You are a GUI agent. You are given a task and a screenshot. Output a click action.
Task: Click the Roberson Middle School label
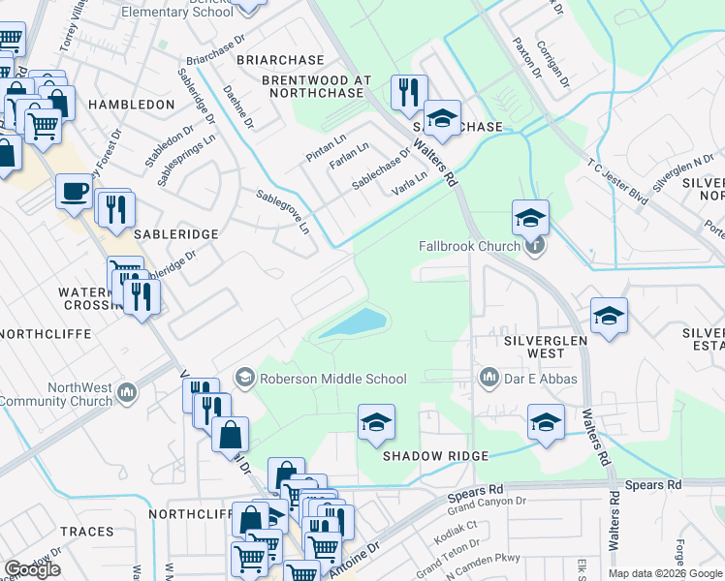[x=331, y=379]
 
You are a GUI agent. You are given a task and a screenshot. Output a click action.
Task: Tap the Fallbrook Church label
[x=470, y=246]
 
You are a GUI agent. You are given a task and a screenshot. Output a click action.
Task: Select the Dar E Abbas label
[x=540, y=378]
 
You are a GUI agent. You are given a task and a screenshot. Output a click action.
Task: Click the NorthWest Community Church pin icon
[x=125, y=392]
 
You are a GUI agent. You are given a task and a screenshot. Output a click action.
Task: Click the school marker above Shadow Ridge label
[x=376, y=423]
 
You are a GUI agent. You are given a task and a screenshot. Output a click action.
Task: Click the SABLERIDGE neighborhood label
[x=149, y=234]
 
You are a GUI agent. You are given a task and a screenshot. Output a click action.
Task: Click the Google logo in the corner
[x=32, y=568]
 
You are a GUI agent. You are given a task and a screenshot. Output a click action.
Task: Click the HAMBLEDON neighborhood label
[x=131, y=104]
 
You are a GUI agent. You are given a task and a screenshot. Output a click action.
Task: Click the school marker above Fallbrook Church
[x=530, y=218]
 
